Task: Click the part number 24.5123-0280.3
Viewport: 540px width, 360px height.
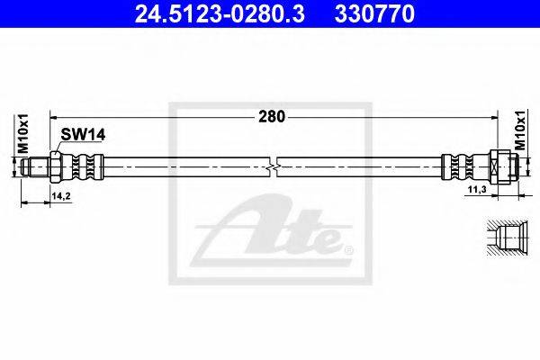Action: click(220, 14)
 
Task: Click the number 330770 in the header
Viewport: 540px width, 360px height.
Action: click(374, 14)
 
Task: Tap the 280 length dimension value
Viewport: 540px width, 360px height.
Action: click(272, 117)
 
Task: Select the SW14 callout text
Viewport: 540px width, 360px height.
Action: click(83, 135)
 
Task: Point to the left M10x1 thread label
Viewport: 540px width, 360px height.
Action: click(22, 134)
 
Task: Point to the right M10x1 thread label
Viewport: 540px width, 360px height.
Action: click(520, 130)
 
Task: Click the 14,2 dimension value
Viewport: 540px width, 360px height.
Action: click(61, 196)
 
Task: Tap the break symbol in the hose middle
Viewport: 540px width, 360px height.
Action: click(272, 167)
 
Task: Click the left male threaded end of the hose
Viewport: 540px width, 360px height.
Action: click(35, 167)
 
